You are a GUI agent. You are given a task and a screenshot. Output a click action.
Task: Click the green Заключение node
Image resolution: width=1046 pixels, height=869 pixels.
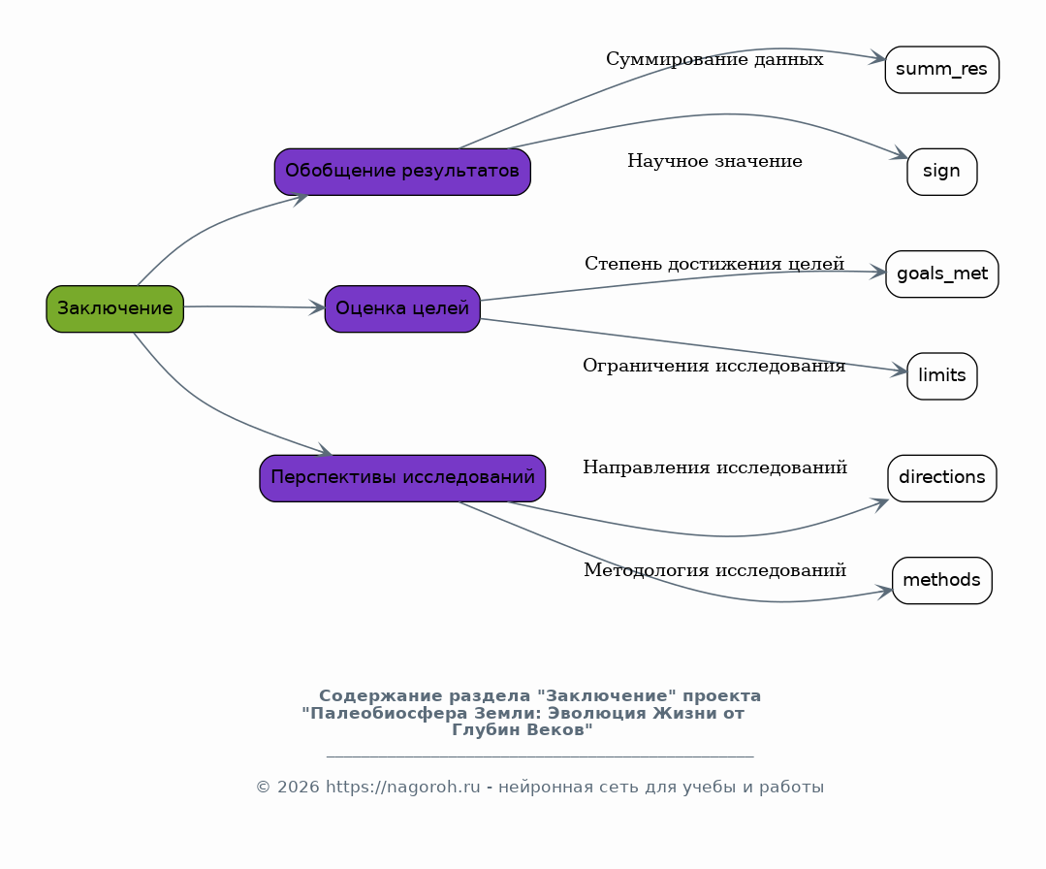114,309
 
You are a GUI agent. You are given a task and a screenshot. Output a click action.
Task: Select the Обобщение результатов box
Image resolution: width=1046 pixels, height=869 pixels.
402,172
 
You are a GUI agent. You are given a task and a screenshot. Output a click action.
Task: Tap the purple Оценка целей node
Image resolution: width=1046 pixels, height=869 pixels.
402,309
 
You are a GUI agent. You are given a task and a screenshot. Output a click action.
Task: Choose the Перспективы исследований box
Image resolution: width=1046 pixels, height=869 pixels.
402,478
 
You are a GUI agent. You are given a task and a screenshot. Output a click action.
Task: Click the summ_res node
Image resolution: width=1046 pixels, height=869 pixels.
942,70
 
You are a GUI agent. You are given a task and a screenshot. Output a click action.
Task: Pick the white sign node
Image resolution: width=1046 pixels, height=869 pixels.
942,172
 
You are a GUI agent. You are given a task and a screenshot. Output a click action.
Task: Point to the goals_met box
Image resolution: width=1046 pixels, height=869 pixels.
942,274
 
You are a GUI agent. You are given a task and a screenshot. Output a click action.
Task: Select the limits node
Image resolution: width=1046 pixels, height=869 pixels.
942,375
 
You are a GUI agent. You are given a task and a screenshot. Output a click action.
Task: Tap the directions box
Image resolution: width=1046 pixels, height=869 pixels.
942,478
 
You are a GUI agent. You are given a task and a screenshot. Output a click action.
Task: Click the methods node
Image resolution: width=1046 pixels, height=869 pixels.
942,580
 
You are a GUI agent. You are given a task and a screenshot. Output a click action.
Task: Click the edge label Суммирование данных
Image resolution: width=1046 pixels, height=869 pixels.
714,59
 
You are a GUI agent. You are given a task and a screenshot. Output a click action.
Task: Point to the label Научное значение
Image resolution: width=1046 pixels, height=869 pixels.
714,161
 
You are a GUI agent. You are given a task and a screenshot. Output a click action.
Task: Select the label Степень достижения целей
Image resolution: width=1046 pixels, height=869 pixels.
714,264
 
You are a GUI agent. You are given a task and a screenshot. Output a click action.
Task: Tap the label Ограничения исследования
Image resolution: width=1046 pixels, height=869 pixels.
714,366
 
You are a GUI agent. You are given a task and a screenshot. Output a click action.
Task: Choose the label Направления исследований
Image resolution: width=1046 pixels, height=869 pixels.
714,467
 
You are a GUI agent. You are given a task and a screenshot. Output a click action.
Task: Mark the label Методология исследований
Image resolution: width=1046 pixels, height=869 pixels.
714,570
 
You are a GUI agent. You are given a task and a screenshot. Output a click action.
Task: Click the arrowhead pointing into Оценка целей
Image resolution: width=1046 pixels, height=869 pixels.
317,307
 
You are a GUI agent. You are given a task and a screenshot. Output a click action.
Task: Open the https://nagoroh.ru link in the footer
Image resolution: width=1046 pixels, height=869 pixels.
403,787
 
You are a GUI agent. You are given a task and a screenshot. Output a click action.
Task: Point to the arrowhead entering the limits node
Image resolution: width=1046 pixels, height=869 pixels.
900,370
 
